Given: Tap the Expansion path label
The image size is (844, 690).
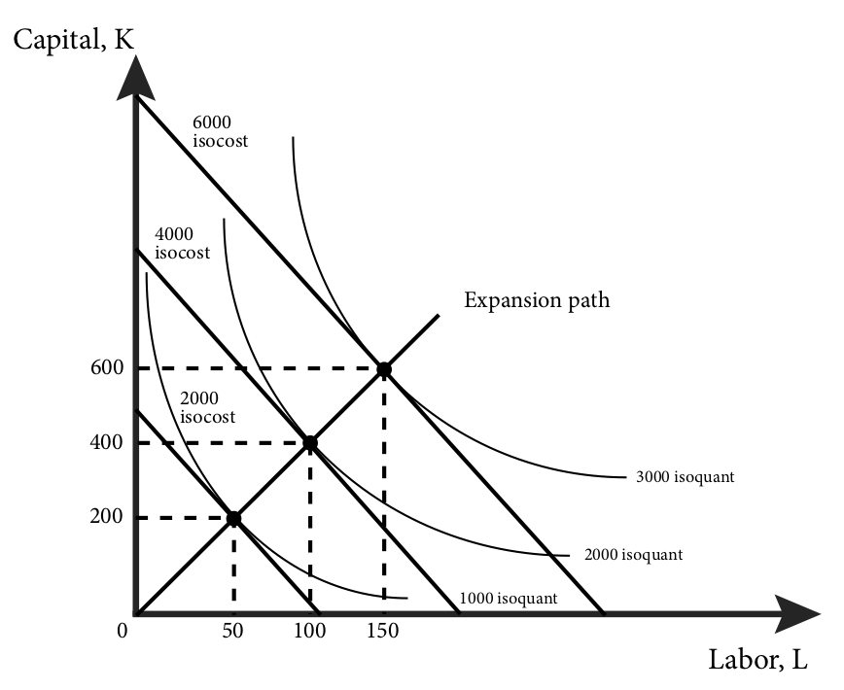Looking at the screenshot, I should click(537, 299).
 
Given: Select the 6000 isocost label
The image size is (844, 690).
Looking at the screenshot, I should click(220, 131).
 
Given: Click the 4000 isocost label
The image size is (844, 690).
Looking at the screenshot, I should click(182, 243).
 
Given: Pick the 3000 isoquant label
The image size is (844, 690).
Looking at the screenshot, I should click(685, 477).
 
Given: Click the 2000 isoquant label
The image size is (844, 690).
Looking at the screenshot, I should click(633, 555).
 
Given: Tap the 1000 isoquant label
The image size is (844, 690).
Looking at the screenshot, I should click(509, 598).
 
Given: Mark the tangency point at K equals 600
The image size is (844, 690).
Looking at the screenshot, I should click(384, 369).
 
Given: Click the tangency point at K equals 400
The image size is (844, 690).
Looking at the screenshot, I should click(309, 443).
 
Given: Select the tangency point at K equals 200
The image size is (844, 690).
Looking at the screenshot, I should click(233, 518).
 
